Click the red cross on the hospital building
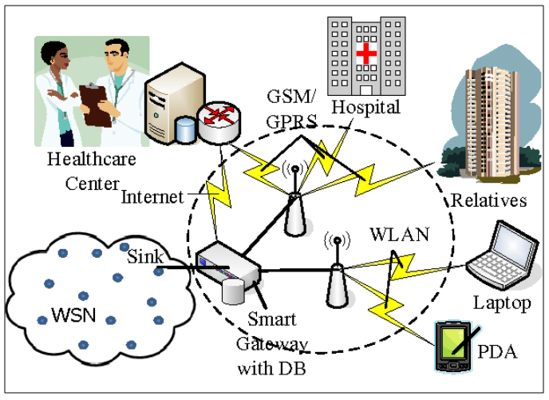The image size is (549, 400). tap(366, 54)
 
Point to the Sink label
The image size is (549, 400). tap(144, 256)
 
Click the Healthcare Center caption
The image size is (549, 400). tap(92, 168)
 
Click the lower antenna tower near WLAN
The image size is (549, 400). tap(336, 275)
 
